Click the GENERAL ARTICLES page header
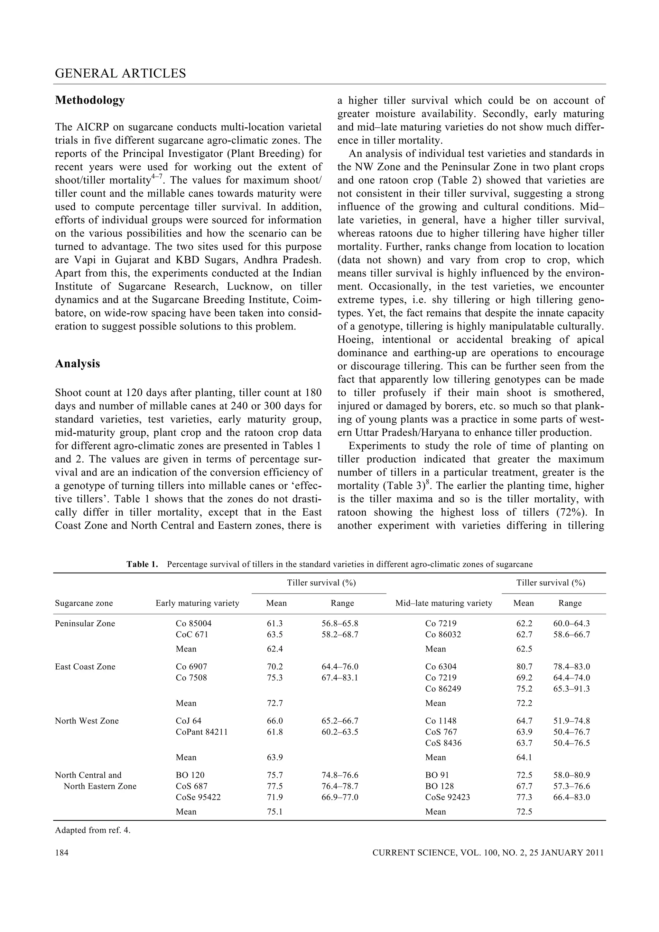coord(120,73)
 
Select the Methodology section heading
coord(90,100)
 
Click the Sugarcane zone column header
coord(84,603)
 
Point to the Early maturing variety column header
coord(197,603)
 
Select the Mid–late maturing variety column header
coord(443,603)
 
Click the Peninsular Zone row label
coord(85,623)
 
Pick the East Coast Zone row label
coord(85,667)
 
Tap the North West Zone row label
coord(87,721)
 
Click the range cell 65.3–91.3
coord(571,688)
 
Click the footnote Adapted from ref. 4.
coord(93,830)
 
